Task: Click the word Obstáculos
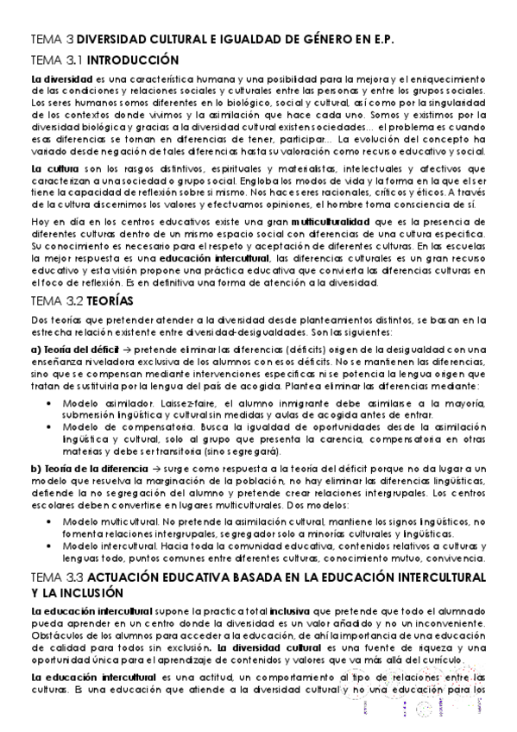click(54, 636)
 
